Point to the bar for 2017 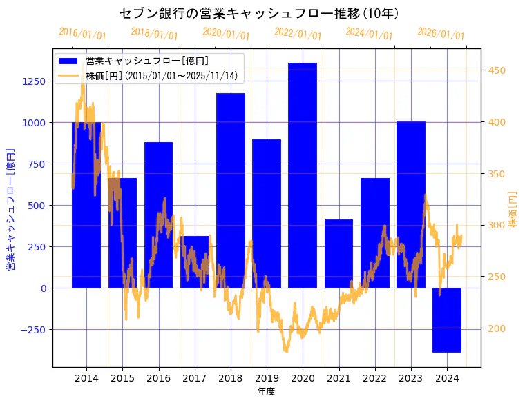pyautogui.click(x=195, y=262)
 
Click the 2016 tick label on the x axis pyautogui.click(x=159, y=378)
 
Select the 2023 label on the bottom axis pyautogui.click(x=411, y=378)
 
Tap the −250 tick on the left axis pyautogui.click(x=32, y=329)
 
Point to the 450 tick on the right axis pyautogui.click(x=497, y=70)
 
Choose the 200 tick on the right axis pyautogui.click(x=497, y=328)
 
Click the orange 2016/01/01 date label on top pyautogui.click(x=83, y=33)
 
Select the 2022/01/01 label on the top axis pyautogui.click(x=298, y=33)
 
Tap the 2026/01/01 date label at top pyautogui.click(x=441, y=33)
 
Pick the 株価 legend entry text pyautogui.click(x=162, y=75)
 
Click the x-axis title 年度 pyautogui.click(x=266, y=391)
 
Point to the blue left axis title pyautogui.click(x=10, y=209)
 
